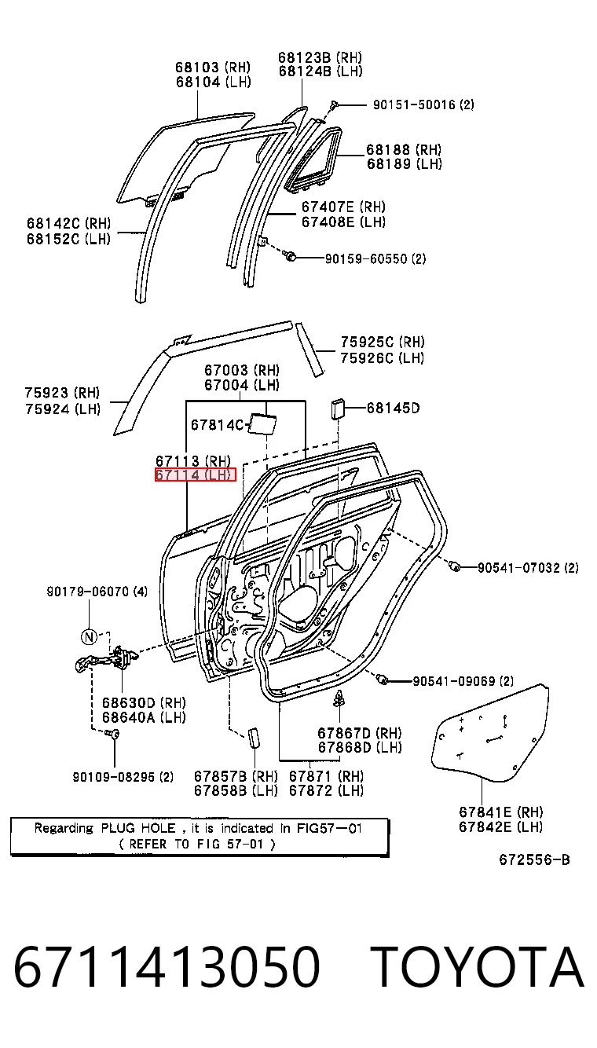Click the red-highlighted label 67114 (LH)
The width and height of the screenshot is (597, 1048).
coord(196,475)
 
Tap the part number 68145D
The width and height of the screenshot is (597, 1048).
coord(393,408)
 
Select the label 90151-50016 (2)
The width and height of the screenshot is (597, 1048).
coord(423,104)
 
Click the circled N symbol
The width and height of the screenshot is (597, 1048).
coord(89,636)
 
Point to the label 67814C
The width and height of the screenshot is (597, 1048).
coord(217,425)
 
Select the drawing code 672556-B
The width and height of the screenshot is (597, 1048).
coord(534,860)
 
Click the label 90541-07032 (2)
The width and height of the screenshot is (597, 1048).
coord(528,568)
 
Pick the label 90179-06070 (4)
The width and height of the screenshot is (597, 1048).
coord(97,592)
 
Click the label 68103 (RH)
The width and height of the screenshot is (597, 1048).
coord(213,68)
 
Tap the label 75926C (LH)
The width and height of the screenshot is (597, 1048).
coord(383,358)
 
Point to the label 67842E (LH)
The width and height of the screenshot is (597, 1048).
coord(500,827)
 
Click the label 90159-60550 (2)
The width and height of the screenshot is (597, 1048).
coord(375,258)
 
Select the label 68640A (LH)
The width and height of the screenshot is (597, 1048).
coord(144,717)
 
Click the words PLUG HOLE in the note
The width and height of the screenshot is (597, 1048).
coord(138,829)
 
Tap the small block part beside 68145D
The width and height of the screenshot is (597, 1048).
coord(339,409)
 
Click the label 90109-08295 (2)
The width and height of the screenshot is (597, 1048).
coord(123,777)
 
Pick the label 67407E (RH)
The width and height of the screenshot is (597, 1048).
coord(343,207)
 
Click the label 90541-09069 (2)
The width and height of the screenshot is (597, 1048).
coord(463,681)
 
